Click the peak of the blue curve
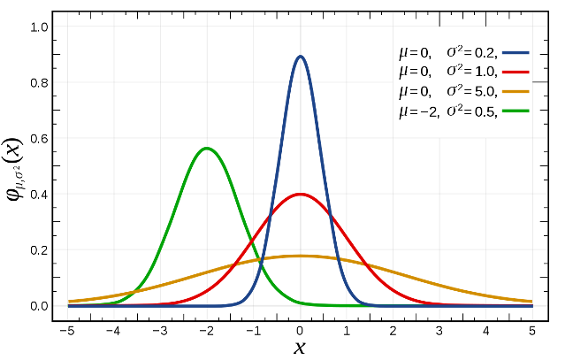pos(301,57)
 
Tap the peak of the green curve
pos(207,148)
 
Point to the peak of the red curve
pos(301,194)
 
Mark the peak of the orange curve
pos(301,256)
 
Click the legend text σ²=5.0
pos(473,91)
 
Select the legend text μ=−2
pos(418,111)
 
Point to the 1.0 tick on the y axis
pos(40,27)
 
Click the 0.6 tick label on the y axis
pos(40,139)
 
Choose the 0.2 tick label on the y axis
pos(40,250)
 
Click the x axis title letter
pos(301,348)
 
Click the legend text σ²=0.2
pos(473,51)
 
